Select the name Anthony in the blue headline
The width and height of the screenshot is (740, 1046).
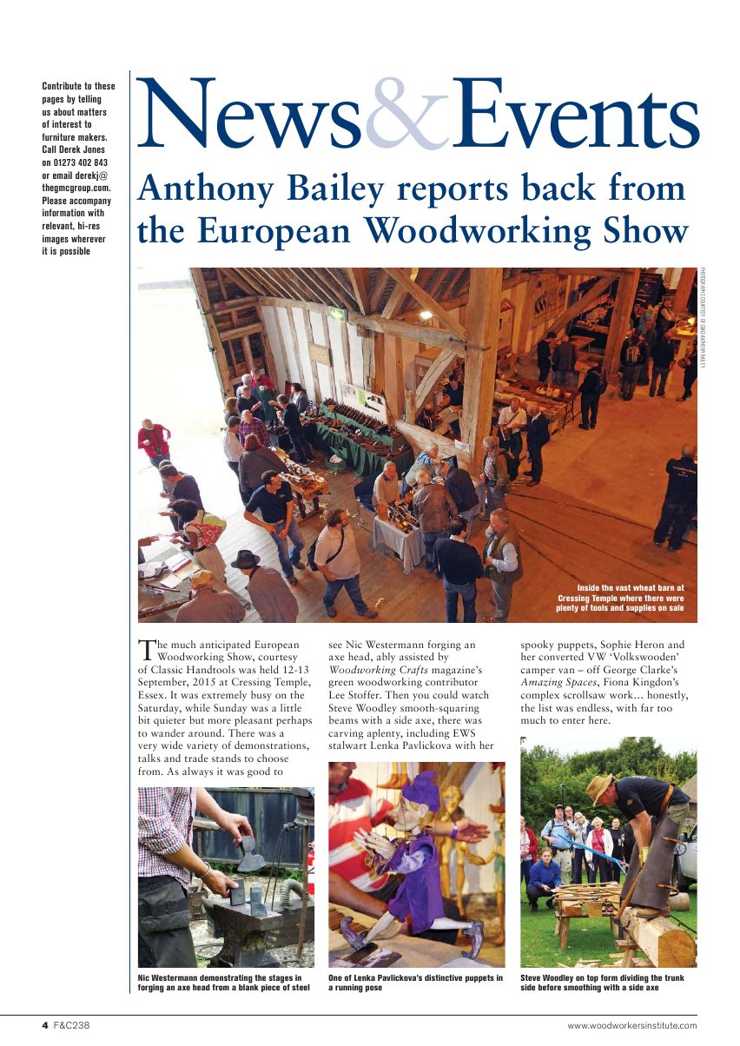point(190,189)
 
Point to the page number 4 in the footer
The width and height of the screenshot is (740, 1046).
point(45,1026)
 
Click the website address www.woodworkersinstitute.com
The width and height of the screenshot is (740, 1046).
point(631,1026)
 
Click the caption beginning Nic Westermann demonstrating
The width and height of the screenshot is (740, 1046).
point(224,983)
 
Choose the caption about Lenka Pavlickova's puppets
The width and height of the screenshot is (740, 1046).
point(415,983)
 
